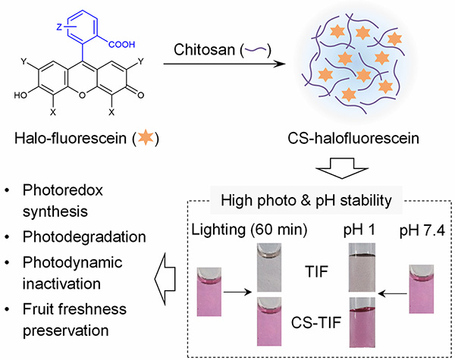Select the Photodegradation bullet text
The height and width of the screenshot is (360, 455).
click(x=73, y=237)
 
